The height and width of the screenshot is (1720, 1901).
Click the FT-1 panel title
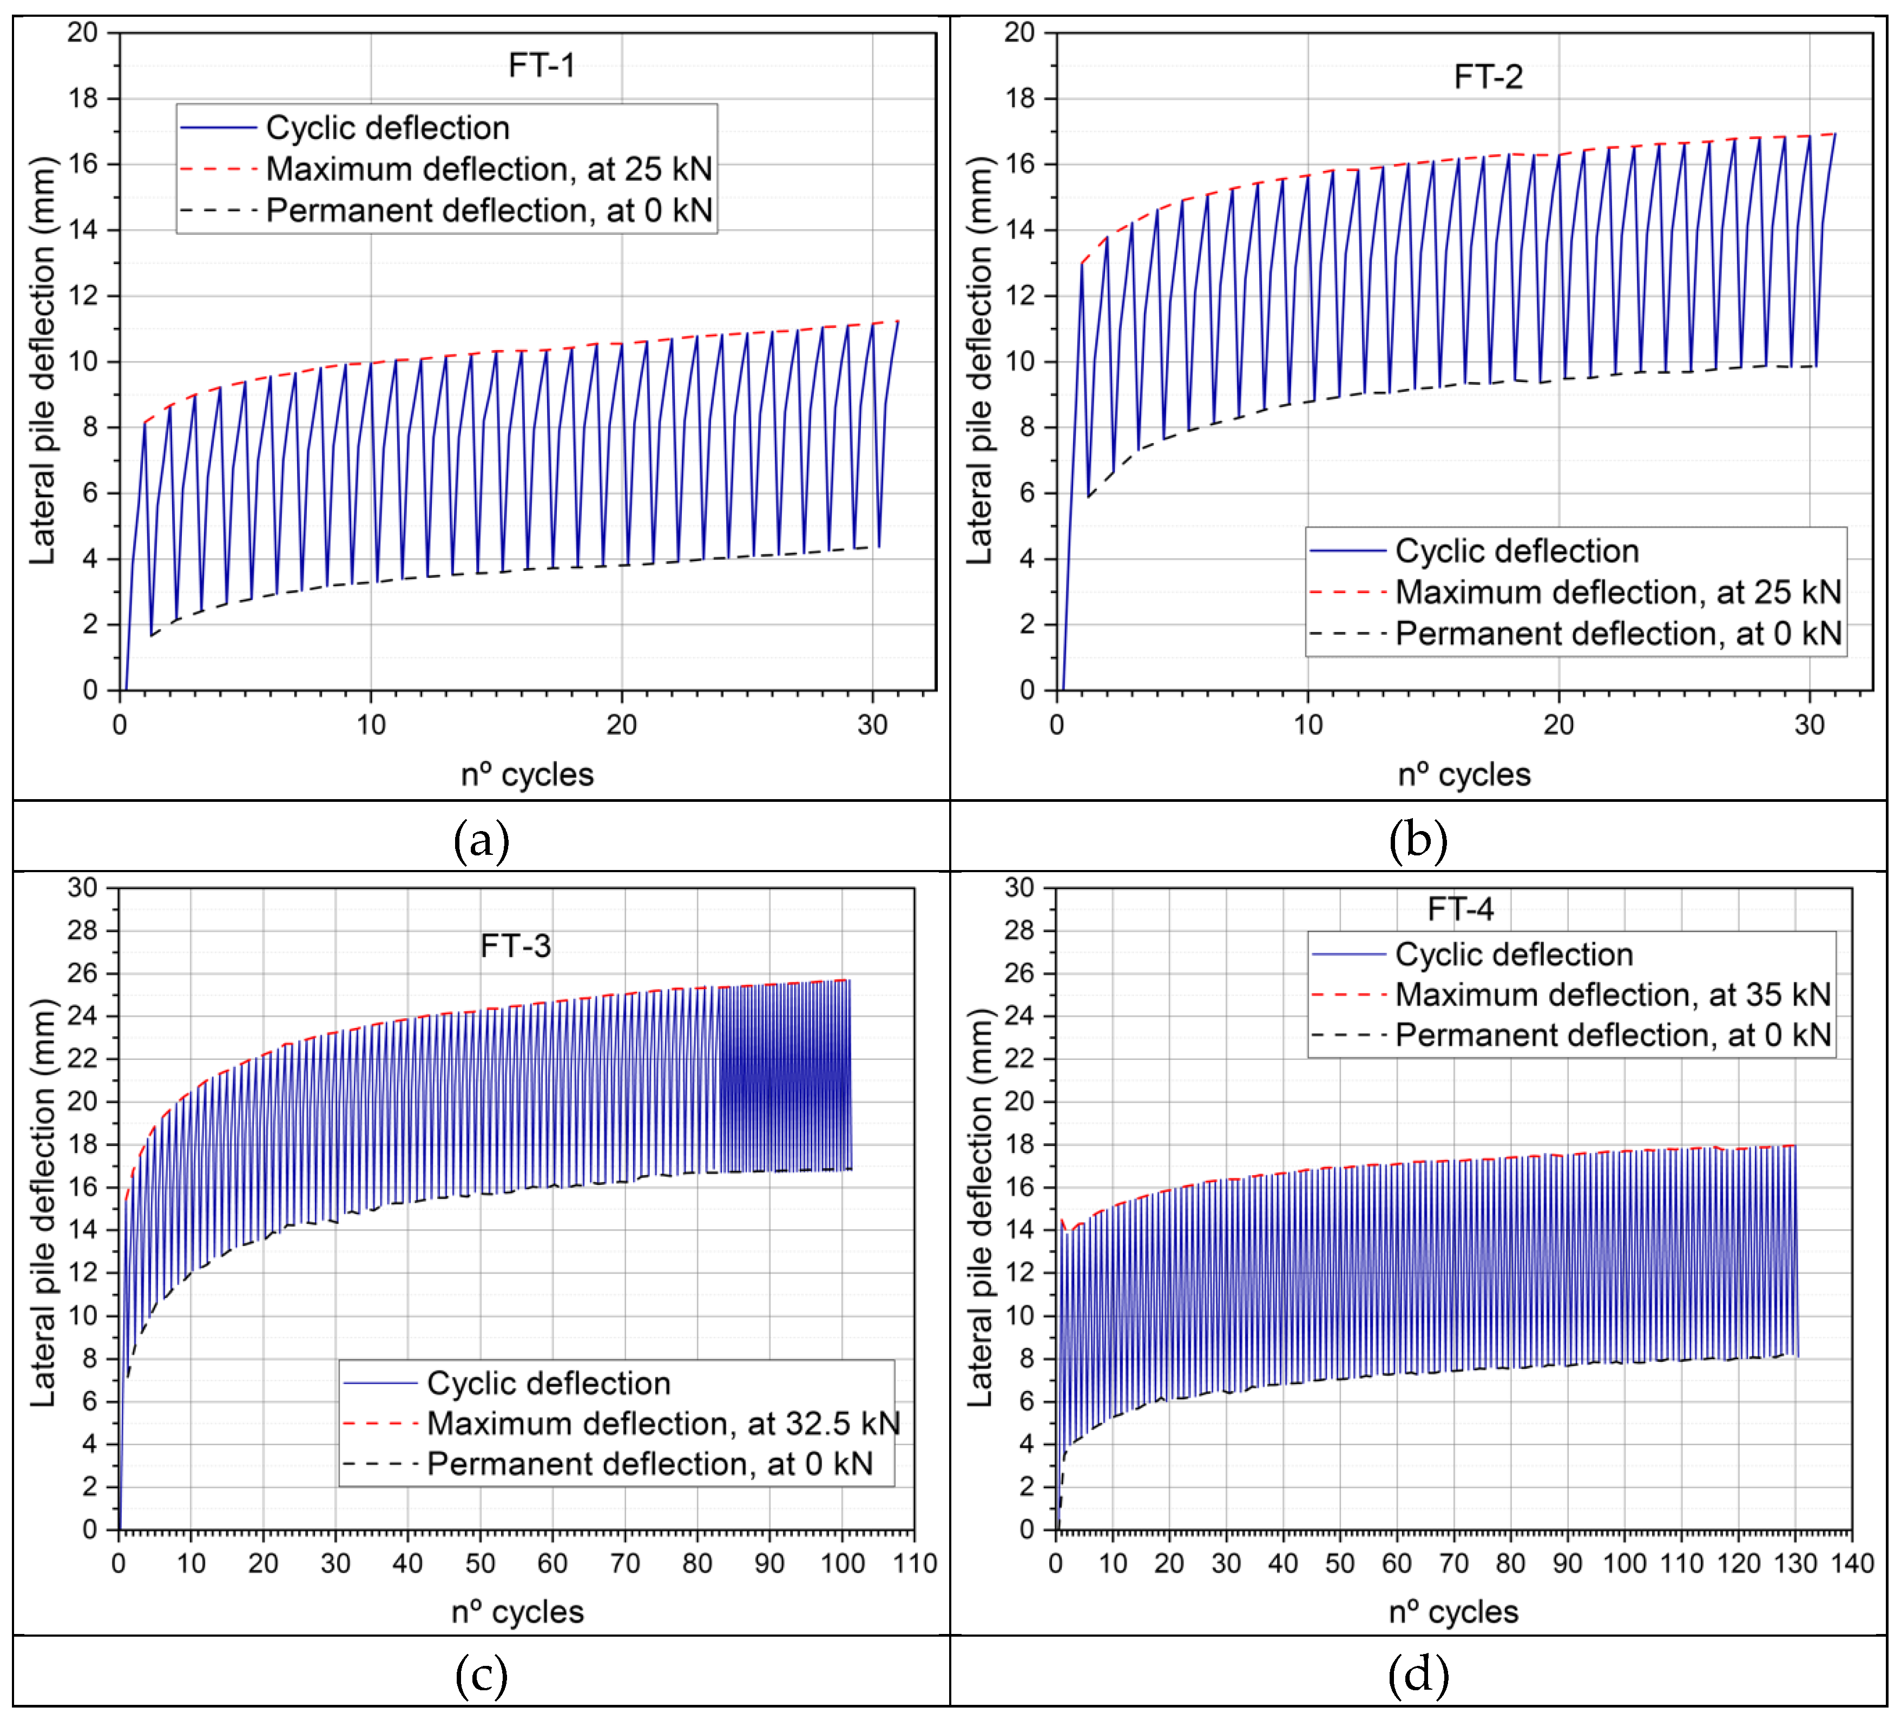541,65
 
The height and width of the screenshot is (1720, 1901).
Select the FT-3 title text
515,945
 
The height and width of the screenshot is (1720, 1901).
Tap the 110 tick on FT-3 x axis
915,1564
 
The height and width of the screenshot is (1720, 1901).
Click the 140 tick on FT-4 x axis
1851,1564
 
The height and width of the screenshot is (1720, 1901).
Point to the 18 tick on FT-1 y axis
83,98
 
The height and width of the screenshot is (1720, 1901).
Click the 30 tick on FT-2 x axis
1808,724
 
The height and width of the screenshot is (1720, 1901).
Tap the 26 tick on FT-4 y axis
1019,972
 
